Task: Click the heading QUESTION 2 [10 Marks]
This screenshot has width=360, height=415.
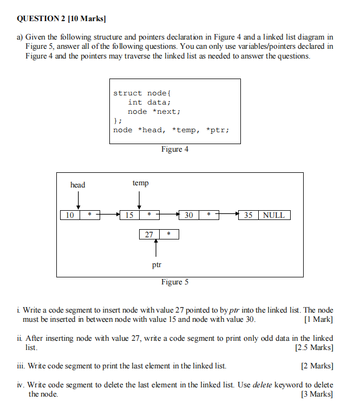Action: (x=61, y=19)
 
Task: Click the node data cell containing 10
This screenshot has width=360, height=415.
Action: (x=70, y=215)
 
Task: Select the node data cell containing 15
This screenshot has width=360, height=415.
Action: (x=129, y=215)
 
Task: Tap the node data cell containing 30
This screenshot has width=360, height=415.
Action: (x=189, y=215)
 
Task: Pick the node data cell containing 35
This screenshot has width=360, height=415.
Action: (x=248, y=215)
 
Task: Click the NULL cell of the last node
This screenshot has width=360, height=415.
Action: (x=274, y=215)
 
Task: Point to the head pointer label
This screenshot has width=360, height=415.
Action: (x=78, y=185)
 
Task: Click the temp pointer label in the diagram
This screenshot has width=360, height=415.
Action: (x=140, y=183)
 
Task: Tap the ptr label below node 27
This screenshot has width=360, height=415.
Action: (x=156, y=265)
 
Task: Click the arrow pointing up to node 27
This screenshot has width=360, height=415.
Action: (x=156, y=248)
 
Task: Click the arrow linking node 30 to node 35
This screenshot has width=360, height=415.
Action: (x=228, y=215)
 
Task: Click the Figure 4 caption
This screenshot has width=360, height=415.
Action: (x=175, y=149)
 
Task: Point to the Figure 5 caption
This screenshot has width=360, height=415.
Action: (x=175, y=282)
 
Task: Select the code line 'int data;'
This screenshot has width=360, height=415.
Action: (x=149, y=102)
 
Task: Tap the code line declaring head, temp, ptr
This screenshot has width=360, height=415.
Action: (x=171, y=130)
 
